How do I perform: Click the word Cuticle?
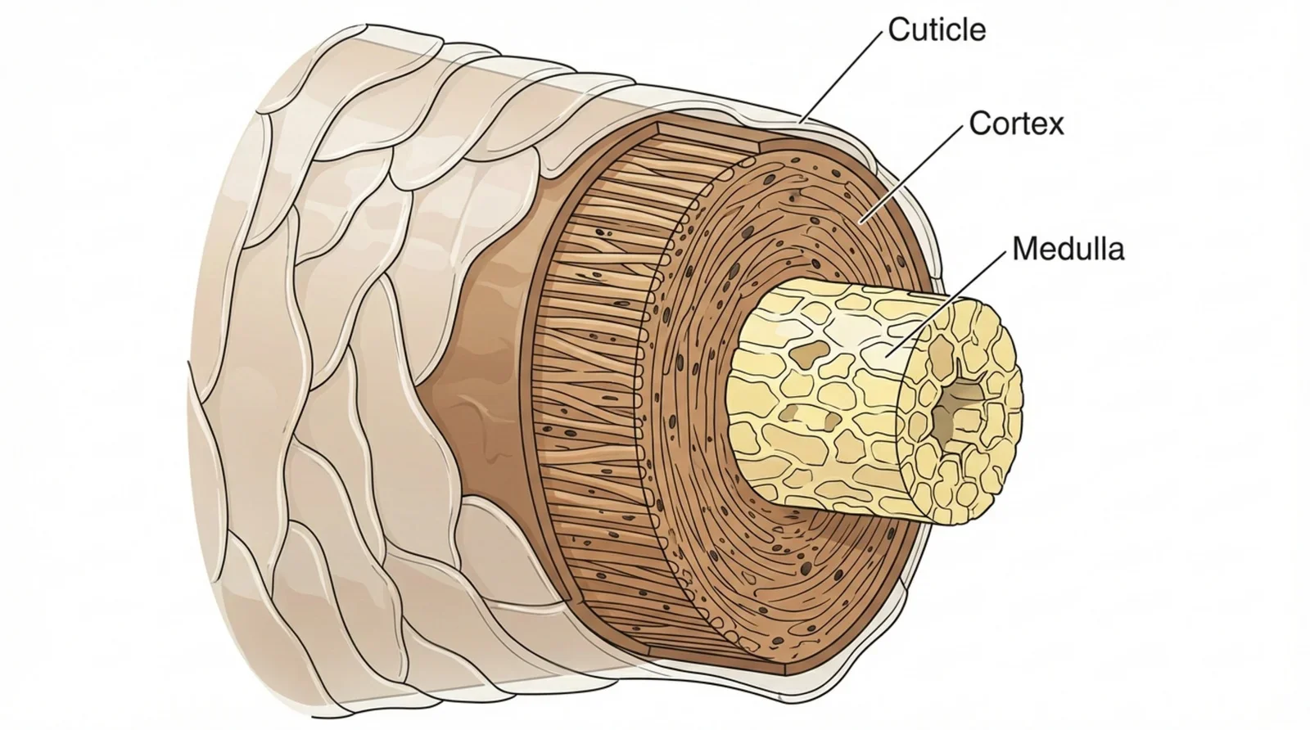(x=936, y=30)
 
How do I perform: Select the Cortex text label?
(x=1015, y=124)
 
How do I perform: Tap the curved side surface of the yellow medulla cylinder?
(x=811, y=393)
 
